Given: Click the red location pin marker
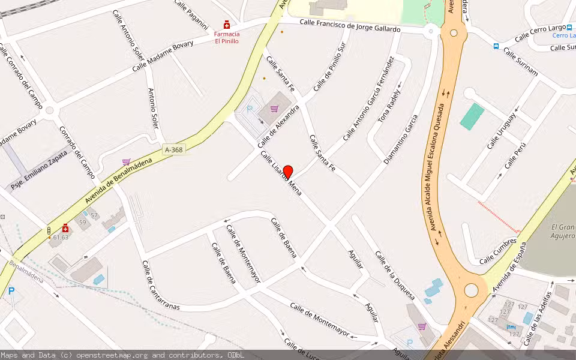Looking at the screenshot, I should coord(288,172).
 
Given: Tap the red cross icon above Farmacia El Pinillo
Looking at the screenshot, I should coord(226,25).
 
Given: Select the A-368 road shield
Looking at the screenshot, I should coord(172,149).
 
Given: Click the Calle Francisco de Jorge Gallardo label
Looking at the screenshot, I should coord(350,25).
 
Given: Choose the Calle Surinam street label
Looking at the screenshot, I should coord(521,62).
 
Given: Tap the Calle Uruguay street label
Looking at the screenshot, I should coord(501,131).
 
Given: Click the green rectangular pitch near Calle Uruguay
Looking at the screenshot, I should coord(472,116).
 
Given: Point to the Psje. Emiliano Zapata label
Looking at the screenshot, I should coord(40,169).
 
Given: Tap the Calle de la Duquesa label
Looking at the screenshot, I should coord(395,275).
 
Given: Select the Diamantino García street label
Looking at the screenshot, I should coord(400,140).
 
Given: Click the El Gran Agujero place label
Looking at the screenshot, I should coord(563,231).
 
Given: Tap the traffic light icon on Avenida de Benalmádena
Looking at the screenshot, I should coord(49,231).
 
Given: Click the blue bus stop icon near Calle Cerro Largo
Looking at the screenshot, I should coord(496,46).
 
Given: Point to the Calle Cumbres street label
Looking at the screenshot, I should coord(497,251).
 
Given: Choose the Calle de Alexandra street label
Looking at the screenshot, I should coord(278,127).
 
